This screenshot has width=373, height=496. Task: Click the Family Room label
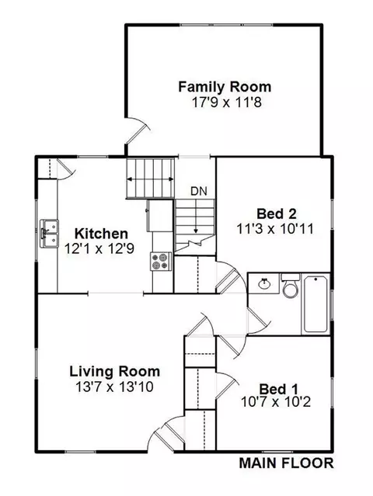point(225,87)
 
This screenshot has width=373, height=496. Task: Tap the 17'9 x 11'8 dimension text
point(227,102)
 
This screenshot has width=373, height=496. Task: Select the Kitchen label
point(101,234)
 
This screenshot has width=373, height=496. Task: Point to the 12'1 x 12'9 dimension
point(99,248)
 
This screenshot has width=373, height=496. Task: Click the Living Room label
point(115,371)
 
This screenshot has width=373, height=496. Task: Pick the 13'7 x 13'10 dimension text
point(114,387)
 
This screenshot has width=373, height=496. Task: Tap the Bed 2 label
point(277,213)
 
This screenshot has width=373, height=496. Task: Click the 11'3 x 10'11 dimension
point(275,229)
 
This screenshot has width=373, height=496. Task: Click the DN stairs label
point(199,191)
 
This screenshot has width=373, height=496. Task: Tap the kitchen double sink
point(49,234)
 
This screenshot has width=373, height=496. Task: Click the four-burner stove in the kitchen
point(161,262)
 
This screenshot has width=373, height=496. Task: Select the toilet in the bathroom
point(291,286)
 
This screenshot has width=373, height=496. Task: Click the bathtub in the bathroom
point(315,304)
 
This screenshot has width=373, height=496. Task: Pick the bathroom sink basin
point(263,283)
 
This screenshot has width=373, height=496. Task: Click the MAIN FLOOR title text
point(286,463)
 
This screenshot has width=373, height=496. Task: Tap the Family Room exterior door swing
point(138,130)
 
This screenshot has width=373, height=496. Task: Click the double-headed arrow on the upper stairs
point(150,179)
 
